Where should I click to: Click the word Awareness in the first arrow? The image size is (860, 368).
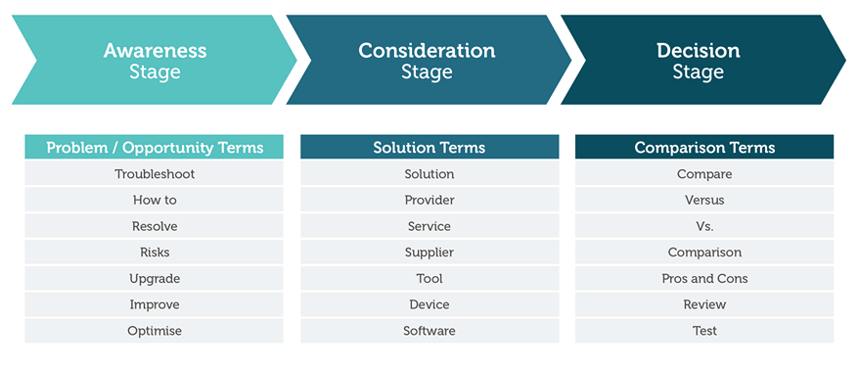155,51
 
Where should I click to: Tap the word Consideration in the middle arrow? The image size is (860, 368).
427,51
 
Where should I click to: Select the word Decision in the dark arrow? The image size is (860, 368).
699,51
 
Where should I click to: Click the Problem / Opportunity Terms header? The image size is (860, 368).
155,147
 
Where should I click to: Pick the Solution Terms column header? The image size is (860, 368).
430,147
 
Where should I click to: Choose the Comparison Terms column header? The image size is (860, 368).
704,147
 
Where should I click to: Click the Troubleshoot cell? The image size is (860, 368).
155,174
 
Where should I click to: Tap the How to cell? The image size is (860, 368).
155,201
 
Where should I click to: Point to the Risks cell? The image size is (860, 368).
155,253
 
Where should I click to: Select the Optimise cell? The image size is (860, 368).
155,331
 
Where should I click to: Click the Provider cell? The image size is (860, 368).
430,201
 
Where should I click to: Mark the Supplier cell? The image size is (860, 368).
430,253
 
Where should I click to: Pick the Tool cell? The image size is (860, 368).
430,279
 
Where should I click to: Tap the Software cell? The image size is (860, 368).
430,331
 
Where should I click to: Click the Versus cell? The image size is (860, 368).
704,201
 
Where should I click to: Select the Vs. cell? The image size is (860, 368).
704,226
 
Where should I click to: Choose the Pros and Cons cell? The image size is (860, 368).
704,279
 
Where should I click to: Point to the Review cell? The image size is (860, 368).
704,304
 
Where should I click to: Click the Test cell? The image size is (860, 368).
704,331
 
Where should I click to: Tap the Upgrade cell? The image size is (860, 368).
155,279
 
